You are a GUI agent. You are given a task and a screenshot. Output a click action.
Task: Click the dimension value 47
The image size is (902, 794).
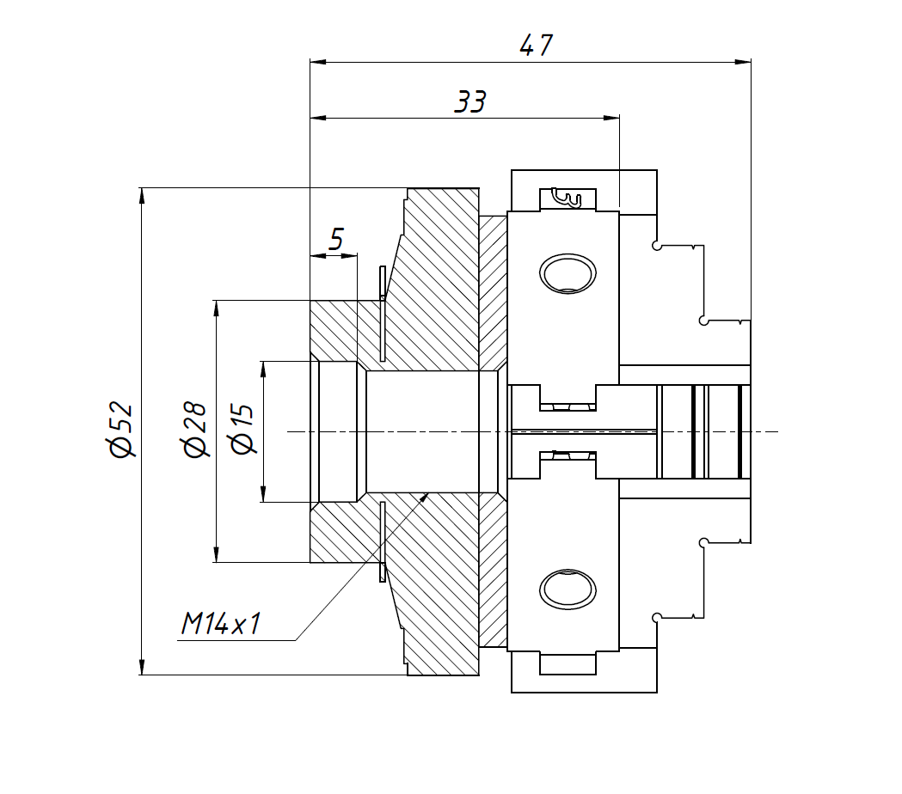[x=536, y=46]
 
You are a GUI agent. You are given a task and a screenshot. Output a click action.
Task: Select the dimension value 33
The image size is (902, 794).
[x=470, y=102]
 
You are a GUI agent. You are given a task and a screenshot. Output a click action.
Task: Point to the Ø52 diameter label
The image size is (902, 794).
[x=121, y=429]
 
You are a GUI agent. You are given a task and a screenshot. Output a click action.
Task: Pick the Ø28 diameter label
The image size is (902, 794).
[x=195, y=430]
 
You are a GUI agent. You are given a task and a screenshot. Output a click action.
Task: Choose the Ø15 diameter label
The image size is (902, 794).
[x=242, y=430]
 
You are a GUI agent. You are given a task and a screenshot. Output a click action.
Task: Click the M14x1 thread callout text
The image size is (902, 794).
[x=220, y=625]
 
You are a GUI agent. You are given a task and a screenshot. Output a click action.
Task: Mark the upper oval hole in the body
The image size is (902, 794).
[x=568, y=273]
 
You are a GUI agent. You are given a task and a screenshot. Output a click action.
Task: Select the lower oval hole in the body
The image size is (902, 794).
[x=568, y=589]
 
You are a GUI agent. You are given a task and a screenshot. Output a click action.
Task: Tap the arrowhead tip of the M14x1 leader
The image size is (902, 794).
[x=427, y=495]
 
